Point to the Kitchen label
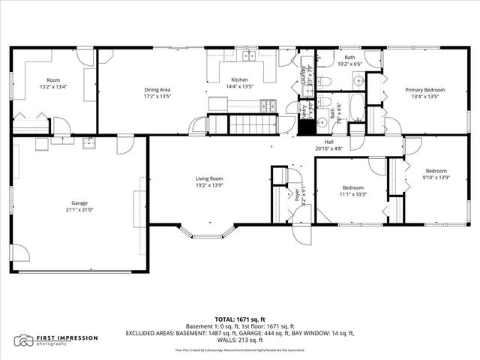239,79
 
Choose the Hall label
328,142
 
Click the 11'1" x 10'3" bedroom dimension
353,193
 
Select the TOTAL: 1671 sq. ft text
240,319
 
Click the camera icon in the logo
25,340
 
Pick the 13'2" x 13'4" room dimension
52,86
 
